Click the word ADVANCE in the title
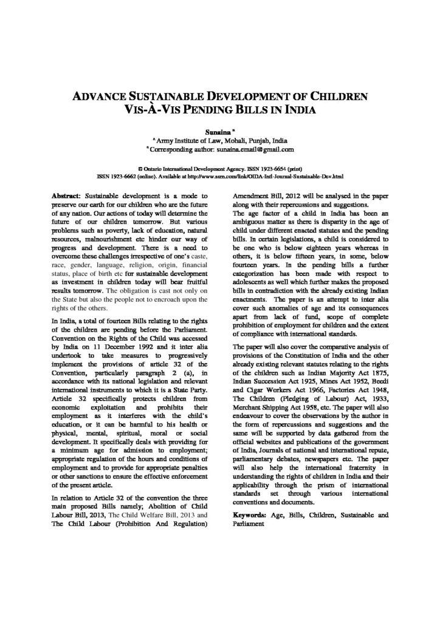click(102, 97)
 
